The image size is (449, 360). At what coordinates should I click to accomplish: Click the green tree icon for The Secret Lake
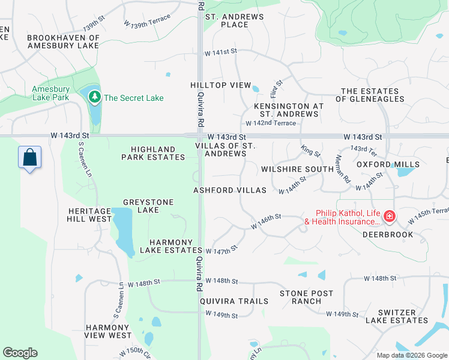(94, 97)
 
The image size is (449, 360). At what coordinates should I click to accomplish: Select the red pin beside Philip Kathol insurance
(389, 215)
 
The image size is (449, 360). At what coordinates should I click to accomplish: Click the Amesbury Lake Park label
(51, 93)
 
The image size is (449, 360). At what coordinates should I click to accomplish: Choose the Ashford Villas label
(229, 190)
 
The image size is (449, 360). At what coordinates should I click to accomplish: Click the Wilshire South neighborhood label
(297, 169)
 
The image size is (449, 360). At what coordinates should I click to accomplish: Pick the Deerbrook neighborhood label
(388, 235)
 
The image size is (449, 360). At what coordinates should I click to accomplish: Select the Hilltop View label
(220, 85)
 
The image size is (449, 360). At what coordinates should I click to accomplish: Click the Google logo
(20, 353)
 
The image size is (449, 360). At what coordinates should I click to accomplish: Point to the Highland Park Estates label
(153, 153)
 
